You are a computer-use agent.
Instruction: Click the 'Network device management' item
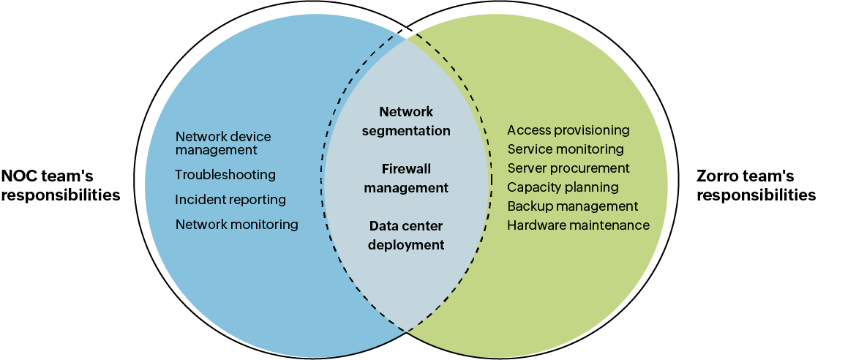tap(223, 143)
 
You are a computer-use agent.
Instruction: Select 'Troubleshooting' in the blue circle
tap(225, 175)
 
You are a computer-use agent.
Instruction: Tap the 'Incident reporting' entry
tap(230, 200)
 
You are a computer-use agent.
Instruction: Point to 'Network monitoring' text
tap(236, 225)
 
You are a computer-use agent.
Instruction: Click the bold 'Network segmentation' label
tap(406, 121)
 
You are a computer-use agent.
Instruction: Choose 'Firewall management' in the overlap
tap(406, 179)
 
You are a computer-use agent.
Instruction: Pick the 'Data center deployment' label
tap(406, 236)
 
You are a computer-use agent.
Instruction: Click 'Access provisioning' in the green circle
tap(568, 130)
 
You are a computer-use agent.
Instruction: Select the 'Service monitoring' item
tap(566, 149)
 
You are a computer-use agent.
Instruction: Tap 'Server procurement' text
tap(568, 168)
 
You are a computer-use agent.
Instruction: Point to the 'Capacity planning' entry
tap(563, 187)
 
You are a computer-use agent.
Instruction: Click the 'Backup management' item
tap(572, 206)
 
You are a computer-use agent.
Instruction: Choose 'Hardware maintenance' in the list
tap(578, 225)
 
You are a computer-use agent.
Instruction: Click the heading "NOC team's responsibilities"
tap(61, 186)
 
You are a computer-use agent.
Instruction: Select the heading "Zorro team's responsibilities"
tap(756, 186)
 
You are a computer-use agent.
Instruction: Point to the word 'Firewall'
tap(406, 169)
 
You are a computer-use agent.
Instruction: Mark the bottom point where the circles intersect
tap(406, 330)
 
